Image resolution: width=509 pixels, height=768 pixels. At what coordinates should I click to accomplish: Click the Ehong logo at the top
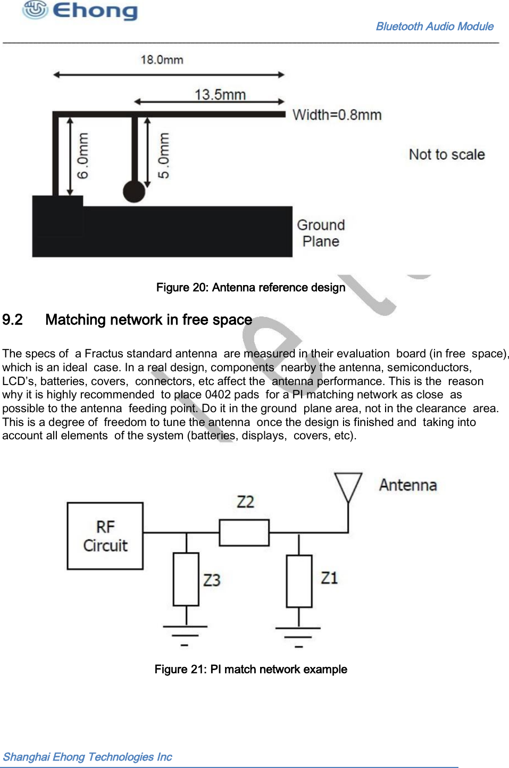pos(80,11)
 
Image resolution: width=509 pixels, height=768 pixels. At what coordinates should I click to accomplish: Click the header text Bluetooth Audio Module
pos(435,27)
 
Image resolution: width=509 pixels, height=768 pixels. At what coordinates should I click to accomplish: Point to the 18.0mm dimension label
pos(162,60)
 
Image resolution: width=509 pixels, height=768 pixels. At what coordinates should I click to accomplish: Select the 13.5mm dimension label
pos(220,95)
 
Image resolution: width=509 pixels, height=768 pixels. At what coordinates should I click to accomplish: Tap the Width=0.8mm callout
pos(337,115)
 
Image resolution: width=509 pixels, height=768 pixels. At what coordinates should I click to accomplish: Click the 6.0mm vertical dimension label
pos(83,156)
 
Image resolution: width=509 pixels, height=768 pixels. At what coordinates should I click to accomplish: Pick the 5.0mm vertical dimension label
pos(164,156)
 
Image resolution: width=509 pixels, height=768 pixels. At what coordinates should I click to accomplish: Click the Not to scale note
pos(447,155)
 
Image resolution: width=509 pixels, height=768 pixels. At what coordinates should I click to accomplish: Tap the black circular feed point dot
pos(134,191)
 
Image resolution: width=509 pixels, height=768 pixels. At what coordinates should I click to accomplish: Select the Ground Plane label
pos(321,233)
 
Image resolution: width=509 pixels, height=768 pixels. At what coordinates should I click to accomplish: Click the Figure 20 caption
pos(251,288)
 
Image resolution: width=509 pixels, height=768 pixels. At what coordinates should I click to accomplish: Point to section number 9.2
pos(13,320)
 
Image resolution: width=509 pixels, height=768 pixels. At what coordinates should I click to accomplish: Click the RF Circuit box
pos(105,536)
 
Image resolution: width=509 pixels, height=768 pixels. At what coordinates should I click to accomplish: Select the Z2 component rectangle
pos(244,532)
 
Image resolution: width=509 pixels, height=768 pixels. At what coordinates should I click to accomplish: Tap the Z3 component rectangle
pos(186,579)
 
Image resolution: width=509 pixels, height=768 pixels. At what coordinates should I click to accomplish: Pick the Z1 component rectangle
pos(299,581)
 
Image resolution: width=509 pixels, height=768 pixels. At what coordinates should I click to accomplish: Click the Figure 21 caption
pos(251,670)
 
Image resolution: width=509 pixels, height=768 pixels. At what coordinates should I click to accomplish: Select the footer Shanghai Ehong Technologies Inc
pos(88,757)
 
